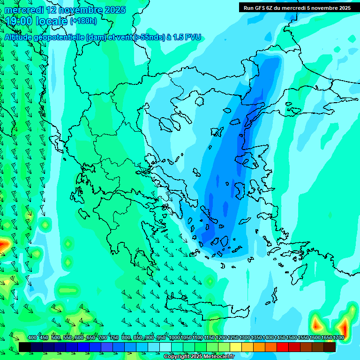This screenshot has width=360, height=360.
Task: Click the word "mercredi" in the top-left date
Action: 24,10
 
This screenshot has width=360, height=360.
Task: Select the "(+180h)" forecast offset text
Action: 83,21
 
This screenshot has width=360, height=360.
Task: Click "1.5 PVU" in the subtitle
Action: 187,37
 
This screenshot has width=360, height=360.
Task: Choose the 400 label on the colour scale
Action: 32,338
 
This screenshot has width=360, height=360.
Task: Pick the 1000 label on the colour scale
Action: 174,338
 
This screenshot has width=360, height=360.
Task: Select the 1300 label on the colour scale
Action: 244,338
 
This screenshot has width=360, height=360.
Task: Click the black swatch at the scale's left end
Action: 25,347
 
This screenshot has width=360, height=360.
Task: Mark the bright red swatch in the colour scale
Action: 283,347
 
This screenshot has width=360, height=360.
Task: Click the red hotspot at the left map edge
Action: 4,244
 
